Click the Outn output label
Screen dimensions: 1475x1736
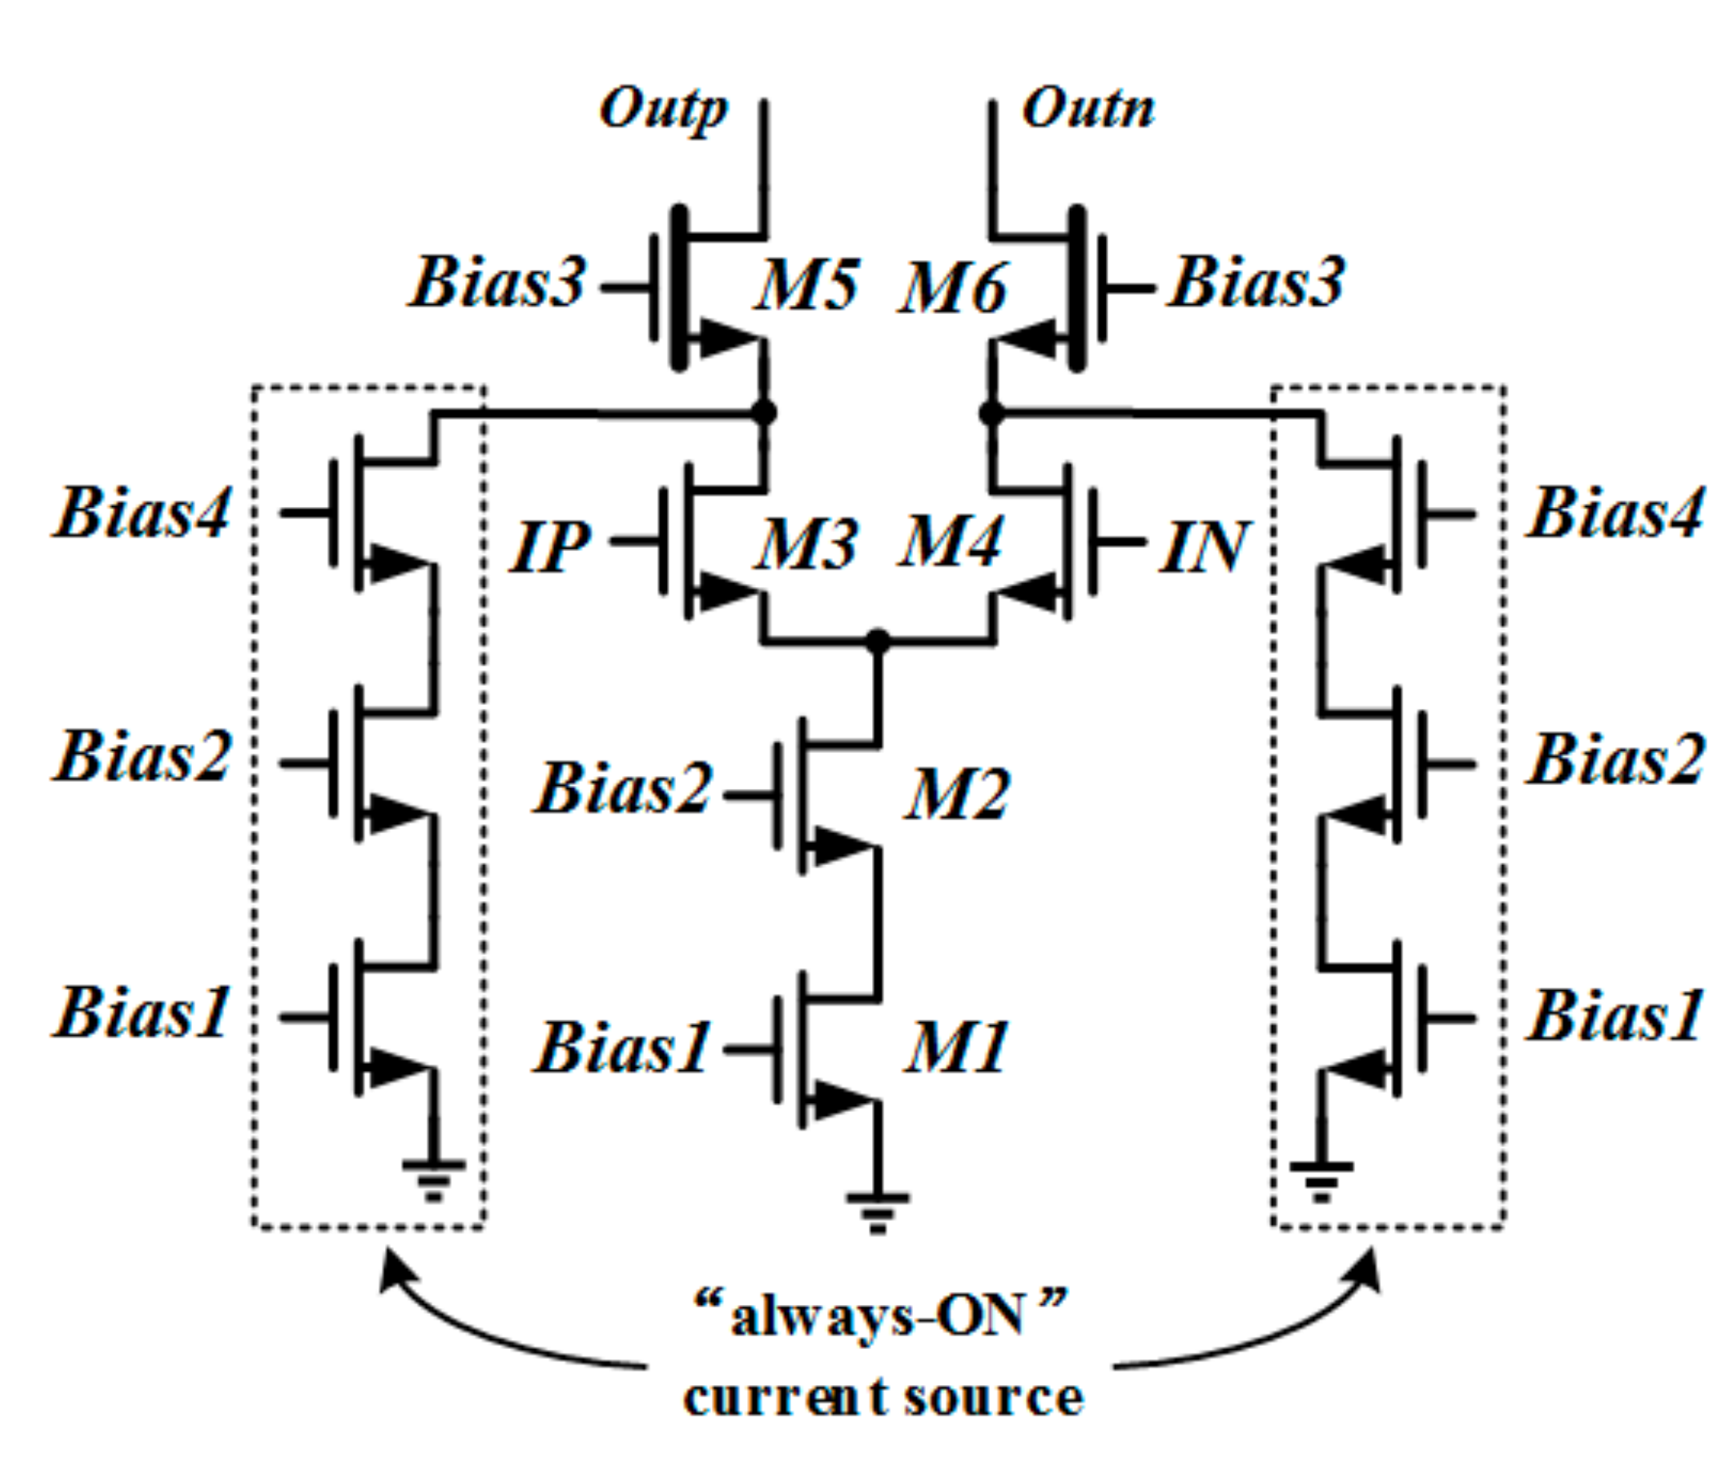click(x=1088, y=110)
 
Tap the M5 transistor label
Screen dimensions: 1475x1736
click(x=807, y=285)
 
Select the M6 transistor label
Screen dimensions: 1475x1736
click(x=954, y=289)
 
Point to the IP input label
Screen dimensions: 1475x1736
click(x=551, y=548)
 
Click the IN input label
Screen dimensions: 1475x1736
click(x=1205, y=548)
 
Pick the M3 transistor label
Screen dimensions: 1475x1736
click(x=807, y=544)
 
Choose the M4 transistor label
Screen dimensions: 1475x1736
click(x=951, y=542)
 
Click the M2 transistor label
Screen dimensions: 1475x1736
click(x=958, y=795)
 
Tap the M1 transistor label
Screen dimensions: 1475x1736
click(x=958, y=1047)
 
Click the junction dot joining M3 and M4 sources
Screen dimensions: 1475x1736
click(x=877, y=641)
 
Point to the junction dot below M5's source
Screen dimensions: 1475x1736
click(x=763, y=412)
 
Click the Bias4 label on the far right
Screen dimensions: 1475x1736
click(x=1616, y=513)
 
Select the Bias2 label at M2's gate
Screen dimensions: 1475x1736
click(x=624, y=789)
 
